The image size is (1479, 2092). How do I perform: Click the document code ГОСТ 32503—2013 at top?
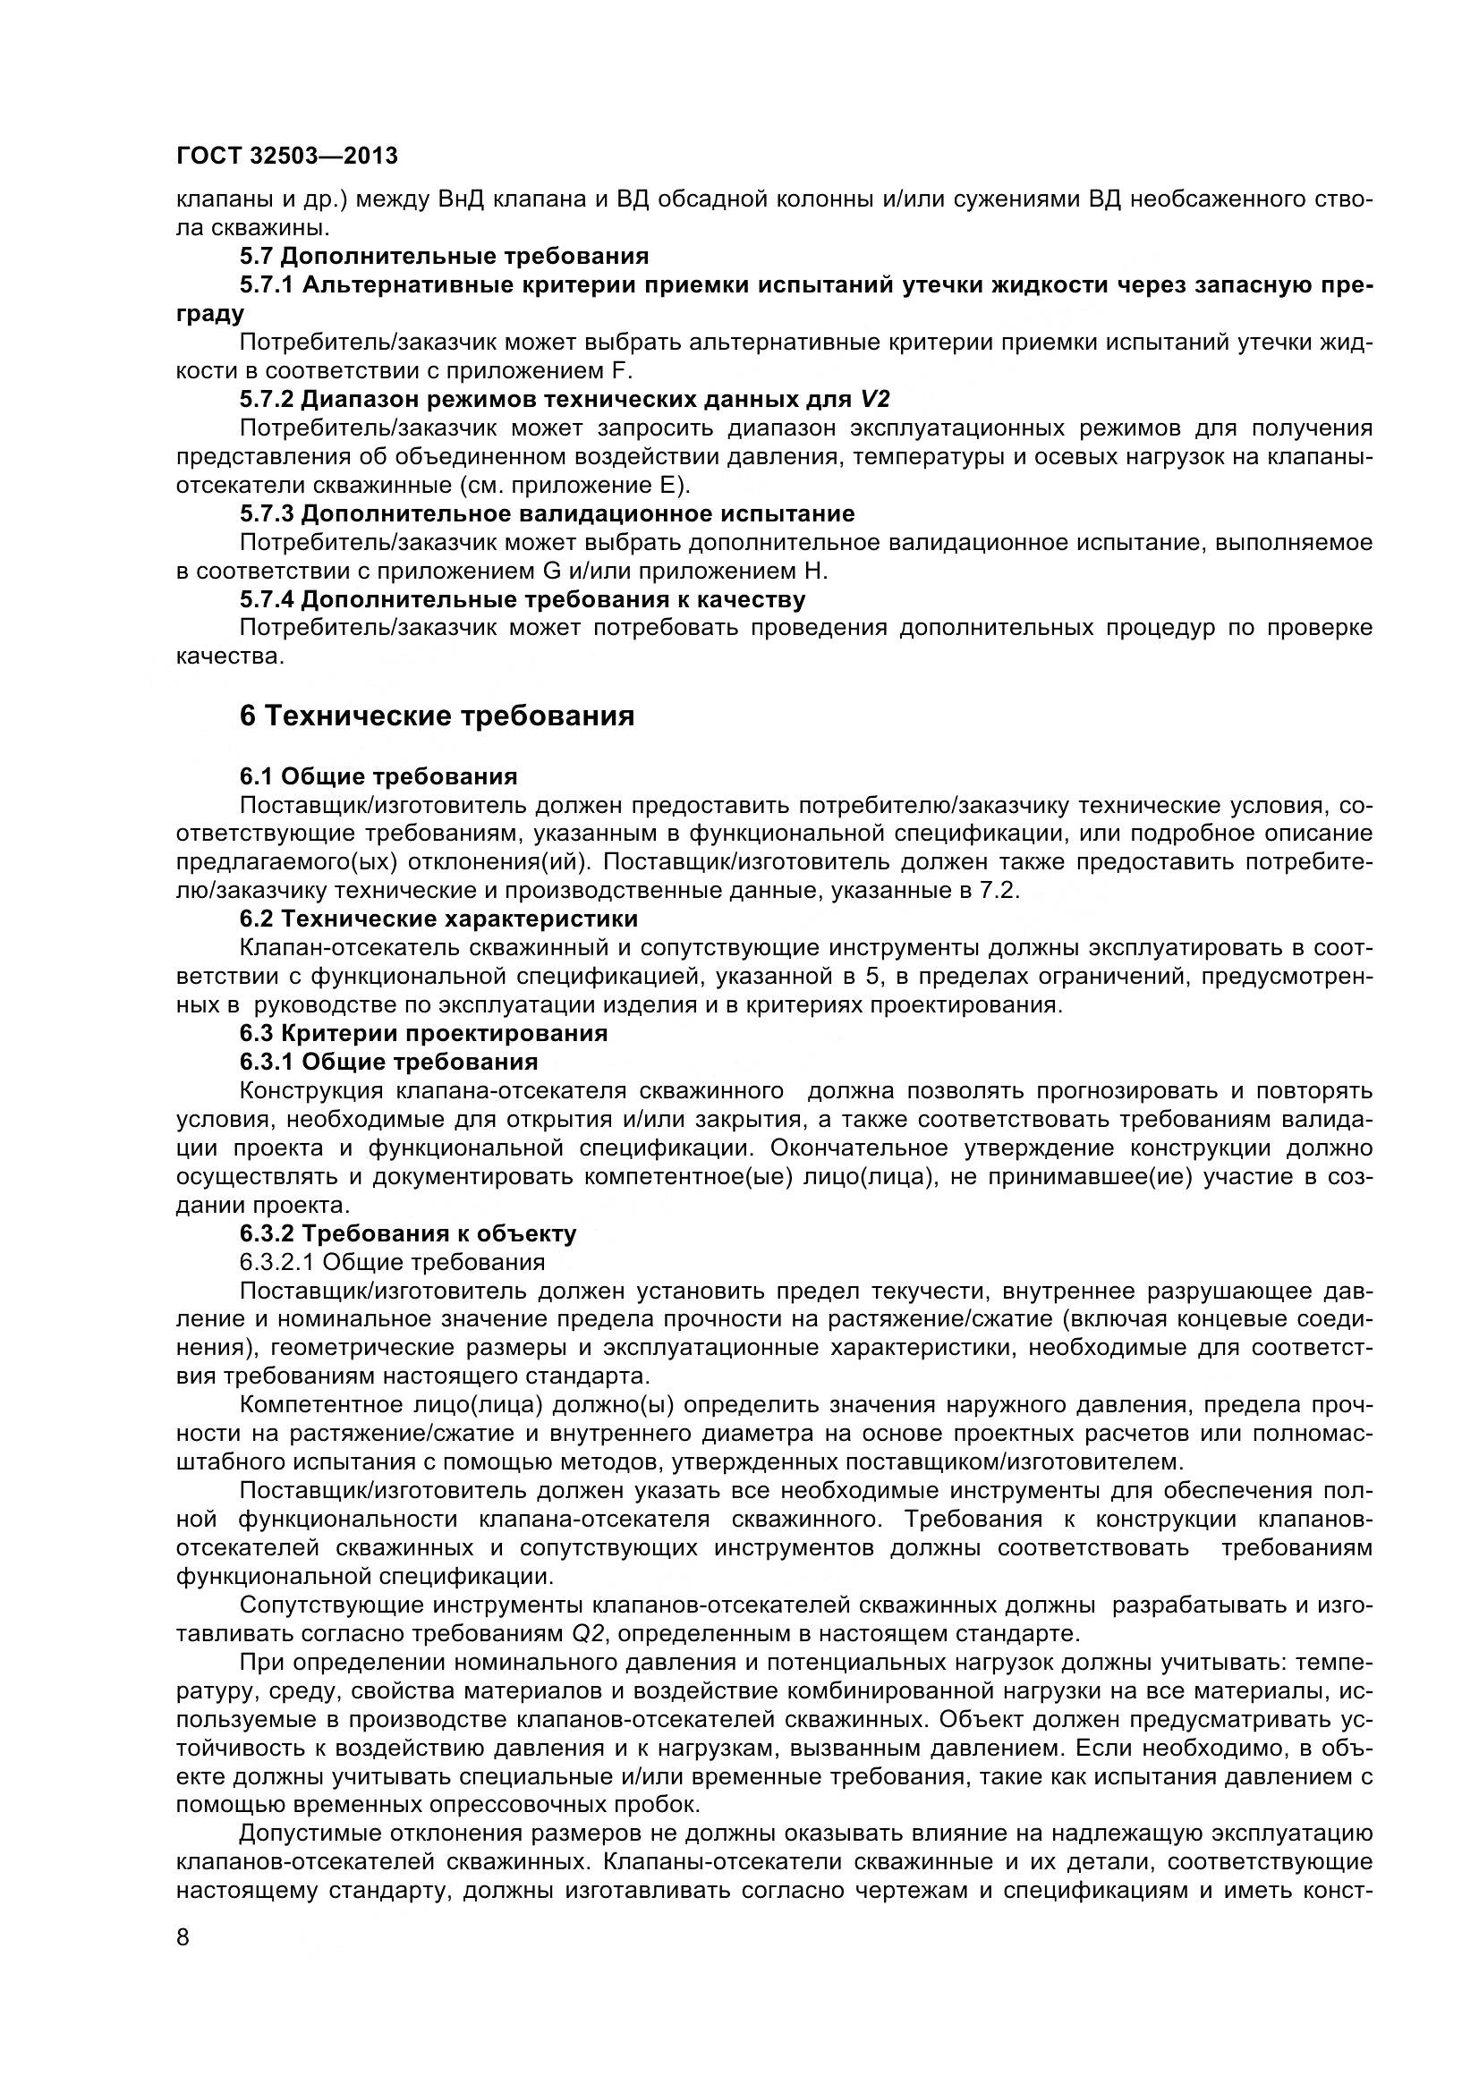287,156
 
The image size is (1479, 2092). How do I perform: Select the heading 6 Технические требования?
437,716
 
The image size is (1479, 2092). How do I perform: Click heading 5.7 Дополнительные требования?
444,256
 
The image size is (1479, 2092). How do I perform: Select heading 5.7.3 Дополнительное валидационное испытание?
547,514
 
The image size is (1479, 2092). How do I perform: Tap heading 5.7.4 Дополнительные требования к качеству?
523,599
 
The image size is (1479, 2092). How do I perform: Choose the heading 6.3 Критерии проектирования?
423,1033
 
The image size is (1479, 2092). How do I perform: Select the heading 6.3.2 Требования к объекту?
407,1233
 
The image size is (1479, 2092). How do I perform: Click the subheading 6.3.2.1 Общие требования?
392,1262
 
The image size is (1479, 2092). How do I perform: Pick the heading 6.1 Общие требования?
378,776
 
